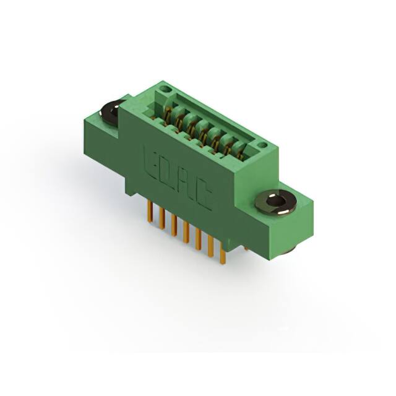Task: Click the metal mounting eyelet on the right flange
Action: point(276,202)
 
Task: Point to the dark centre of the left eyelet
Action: point(112,111)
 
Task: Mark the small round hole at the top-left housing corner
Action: point(164,90)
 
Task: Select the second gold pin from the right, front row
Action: point(210,250)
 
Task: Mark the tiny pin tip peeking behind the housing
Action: point(247,247)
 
